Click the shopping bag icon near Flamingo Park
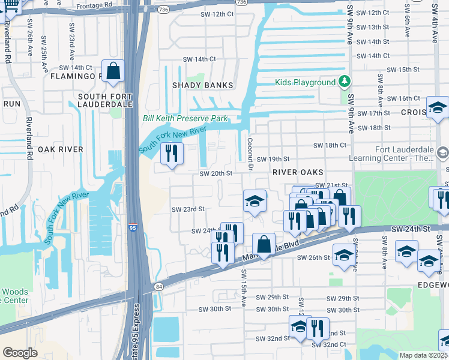pyautogui.click(x=113, y=71)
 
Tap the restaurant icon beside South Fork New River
pyautogui.click(x=172, y=154)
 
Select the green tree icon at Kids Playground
pyautogui.click(x=344, y=82)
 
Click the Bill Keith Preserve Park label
pyautogui.click(x=185, y=119)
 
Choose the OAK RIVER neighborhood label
pyautogui.click(x=60, y=148)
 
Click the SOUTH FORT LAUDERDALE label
pyautogui.click(x=105, y=104)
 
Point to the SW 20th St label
pyautogui.click(x=215, y=173)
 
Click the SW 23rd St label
pyautogui.click(x=188, y=209)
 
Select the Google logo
pyautogui.click(x=20, y=353)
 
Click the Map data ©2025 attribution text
pyautogui.click(x=423, y=355)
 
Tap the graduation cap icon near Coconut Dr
pyautogui.click(x=255, y=201)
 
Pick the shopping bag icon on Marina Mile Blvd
pyautogui.click(x=264, y=244)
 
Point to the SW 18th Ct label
pyautogui.click(x=330, y=145)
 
